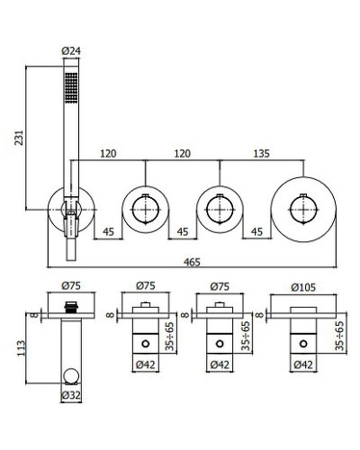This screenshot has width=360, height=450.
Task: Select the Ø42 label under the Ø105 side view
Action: (x=301, y=364)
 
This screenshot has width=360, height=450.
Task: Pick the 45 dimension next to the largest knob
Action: (x=256, y=231)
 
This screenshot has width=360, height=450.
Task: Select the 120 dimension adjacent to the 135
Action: (x=184, y=153)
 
